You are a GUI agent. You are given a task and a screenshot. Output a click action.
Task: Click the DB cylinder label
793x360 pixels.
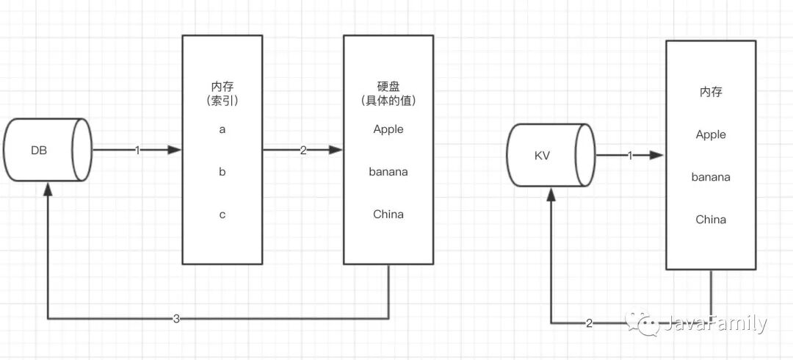(x=39, y=151)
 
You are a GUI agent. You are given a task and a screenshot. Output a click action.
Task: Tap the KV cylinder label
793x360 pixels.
(x=542, y=156)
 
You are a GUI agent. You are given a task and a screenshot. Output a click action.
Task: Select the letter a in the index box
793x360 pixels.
(x=222, y=129)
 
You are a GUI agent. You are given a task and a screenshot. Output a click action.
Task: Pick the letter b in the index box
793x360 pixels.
(x=222, y=172)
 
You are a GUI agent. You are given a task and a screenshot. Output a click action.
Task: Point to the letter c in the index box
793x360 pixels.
(x=222, y=215)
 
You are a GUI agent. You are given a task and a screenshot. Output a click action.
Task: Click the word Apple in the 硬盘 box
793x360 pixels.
(x=388, y=129)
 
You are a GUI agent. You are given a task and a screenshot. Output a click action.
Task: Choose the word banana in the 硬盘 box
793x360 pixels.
(x=388, y=172)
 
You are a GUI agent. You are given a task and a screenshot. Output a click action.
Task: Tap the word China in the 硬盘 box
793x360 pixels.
(x=388, y=215)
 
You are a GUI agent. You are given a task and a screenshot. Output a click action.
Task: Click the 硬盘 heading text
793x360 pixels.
(x=388, y=87)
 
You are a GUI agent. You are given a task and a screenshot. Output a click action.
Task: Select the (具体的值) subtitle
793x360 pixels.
(x=388, y=101)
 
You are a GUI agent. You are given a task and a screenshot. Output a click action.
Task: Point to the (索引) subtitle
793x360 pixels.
(x=222, y=101)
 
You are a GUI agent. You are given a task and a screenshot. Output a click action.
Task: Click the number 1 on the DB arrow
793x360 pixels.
(x=137, y=151)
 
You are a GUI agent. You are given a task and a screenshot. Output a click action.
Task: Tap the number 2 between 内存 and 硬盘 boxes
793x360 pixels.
(x=303, y=151)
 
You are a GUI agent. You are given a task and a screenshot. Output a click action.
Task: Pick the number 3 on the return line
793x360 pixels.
(x=176, y=319)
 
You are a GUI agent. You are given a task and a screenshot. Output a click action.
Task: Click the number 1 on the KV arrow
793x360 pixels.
(x=630, y=156)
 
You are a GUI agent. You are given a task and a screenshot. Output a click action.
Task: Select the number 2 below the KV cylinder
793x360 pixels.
(x=589, y=323)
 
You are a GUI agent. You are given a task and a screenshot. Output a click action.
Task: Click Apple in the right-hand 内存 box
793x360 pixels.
(x=711, y=134)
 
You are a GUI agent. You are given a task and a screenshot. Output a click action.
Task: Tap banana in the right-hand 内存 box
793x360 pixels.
(x=711, y=177)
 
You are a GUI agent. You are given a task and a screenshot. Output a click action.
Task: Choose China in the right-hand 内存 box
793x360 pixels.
(x=711, y=220)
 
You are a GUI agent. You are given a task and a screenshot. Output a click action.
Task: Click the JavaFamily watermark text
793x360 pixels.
(x=715, y=323)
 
